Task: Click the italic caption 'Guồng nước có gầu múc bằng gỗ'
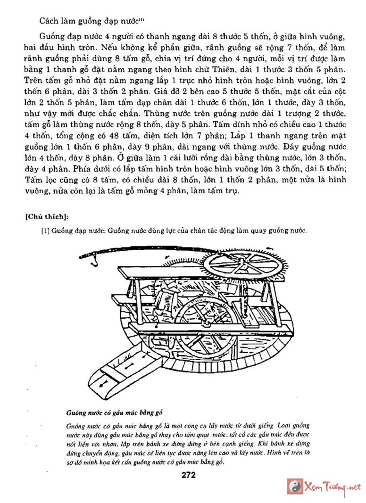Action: (115, 412)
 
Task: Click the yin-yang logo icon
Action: (295, 487)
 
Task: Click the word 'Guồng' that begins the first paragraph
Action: (51, 36)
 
